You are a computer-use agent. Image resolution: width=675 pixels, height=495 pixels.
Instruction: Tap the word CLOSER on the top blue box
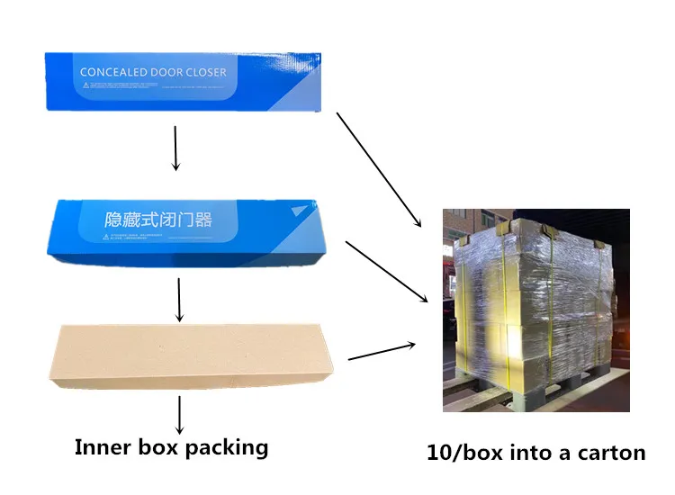[x=204, y=72]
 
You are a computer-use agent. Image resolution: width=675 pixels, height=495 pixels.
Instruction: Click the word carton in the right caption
[x=613, y=453]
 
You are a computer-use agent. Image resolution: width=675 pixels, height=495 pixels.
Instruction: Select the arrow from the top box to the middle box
[x=175, y=148]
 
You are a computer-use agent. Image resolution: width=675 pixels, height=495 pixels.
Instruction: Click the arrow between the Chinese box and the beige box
[x=180, y=300]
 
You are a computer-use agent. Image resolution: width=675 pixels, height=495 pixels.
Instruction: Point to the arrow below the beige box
[x=180, y=415]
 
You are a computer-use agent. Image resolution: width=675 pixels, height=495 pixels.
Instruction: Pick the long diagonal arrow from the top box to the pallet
[x=379, y=169]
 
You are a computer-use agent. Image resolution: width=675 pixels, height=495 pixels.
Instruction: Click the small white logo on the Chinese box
[x=299, y=211]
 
